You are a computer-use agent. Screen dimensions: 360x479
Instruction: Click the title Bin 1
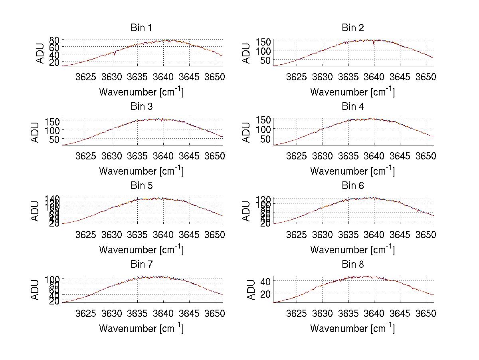(x=141, y=28)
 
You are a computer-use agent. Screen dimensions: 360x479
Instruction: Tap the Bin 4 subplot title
(x=353, y=107)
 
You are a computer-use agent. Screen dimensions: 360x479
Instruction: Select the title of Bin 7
(x=141, y=265)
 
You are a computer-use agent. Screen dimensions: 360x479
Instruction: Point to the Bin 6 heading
(x=353, y=186)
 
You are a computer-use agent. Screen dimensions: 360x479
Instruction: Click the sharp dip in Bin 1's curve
(x=114, y=54)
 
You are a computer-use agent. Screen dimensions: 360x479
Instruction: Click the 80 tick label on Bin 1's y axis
(x=54, y=40)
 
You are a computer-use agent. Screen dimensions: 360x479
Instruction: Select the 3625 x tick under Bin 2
(x=297, y=77)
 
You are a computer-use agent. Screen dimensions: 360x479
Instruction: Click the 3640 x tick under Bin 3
(x=163, y=156)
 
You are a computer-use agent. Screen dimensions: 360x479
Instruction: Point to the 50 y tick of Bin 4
(x=266, y=139)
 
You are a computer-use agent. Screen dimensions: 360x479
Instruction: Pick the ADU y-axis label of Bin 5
(x=35, y=211)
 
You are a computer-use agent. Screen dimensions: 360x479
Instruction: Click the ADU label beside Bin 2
(x=246, y=53)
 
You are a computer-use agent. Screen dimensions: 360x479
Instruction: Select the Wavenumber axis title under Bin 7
(x=141, y=328)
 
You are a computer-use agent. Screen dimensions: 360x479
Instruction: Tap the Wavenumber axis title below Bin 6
(x=352, y=249)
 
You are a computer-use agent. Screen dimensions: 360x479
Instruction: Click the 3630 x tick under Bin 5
(x=112, y=235)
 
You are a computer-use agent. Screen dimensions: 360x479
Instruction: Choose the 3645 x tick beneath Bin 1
(x=189, y=77)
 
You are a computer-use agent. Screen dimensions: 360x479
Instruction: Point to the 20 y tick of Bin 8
(x=266, y=294)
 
